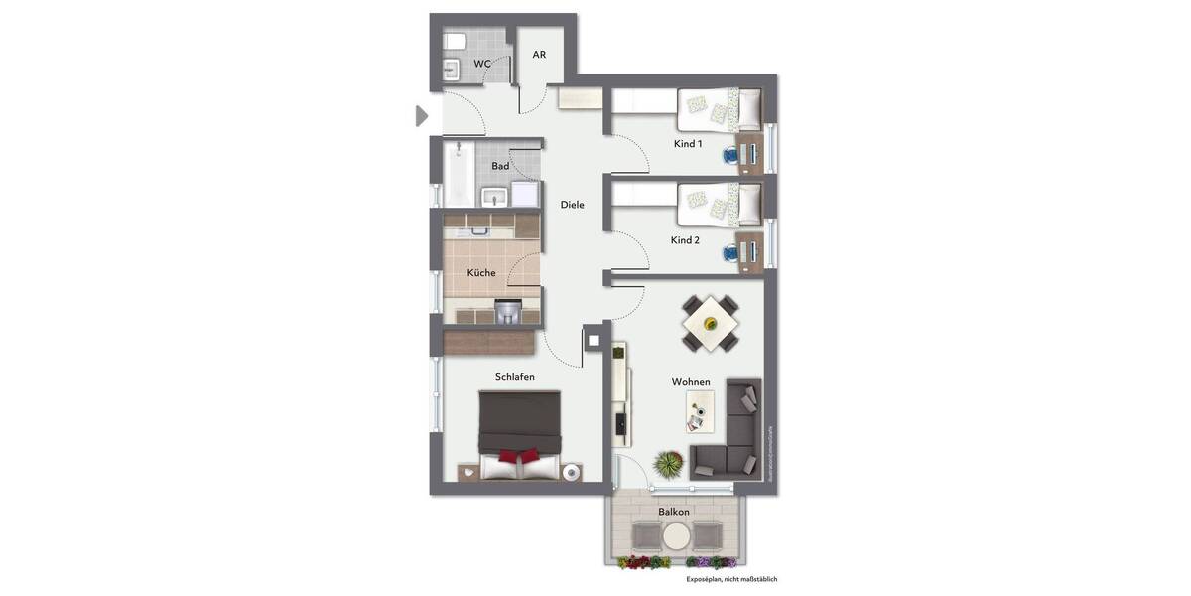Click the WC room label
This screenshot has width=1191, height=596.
(x=481, y=64)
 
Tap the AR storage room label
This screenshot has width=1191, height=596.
(x=539, y=55)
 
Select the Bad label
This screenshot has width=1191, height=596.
(x=500, y=166)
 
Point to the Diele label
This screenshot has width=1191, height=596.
(x=573, y=205)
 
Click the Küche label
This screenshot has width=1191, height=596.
(x=481, y=273)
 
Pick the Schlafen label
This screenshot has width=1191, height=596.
(x=515, y=377)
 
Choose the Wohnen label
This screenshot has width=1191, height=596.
(x=691, y=382)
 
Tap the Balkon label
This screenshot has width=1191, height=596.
(x=674, y=512)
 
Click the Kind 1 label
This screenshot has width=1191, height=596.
(x=688, y=144)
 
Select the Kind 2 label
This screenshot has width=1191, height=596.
(x=686, y=240)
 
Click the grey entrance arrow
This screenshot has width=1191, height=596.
(x=421, y=116)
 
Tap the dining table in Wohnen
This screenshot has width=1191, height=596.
(x=710, y=323)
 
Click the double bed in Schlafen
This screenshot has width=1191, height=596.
(x=520, y=434)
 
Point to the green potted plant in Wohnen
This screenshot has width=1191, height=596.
(x=670, y=463)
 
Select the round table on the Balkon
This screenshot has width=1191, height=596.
(x=677, y=536)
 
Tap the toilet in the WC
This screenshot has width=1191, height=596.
(x=456, y=41)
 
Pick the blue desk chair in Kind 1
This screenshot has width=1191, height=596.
(x=732, y=154)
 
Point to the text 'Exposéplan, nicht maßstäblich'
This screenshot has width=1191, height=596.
(x=738, y=579)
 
